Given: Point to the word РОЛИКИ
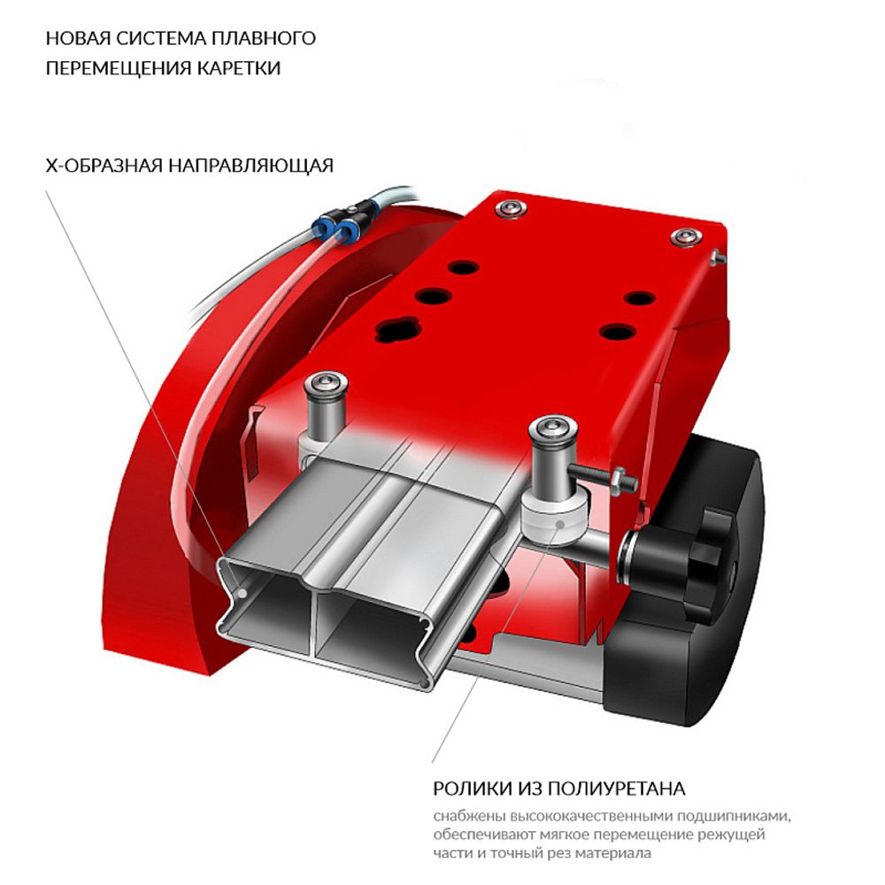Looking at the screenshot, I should (469, 788).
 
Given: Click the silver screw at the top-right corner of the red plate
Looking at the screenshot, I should (686, 236).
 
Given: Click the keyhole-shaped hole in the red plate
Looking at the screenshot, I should (396, 331).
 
